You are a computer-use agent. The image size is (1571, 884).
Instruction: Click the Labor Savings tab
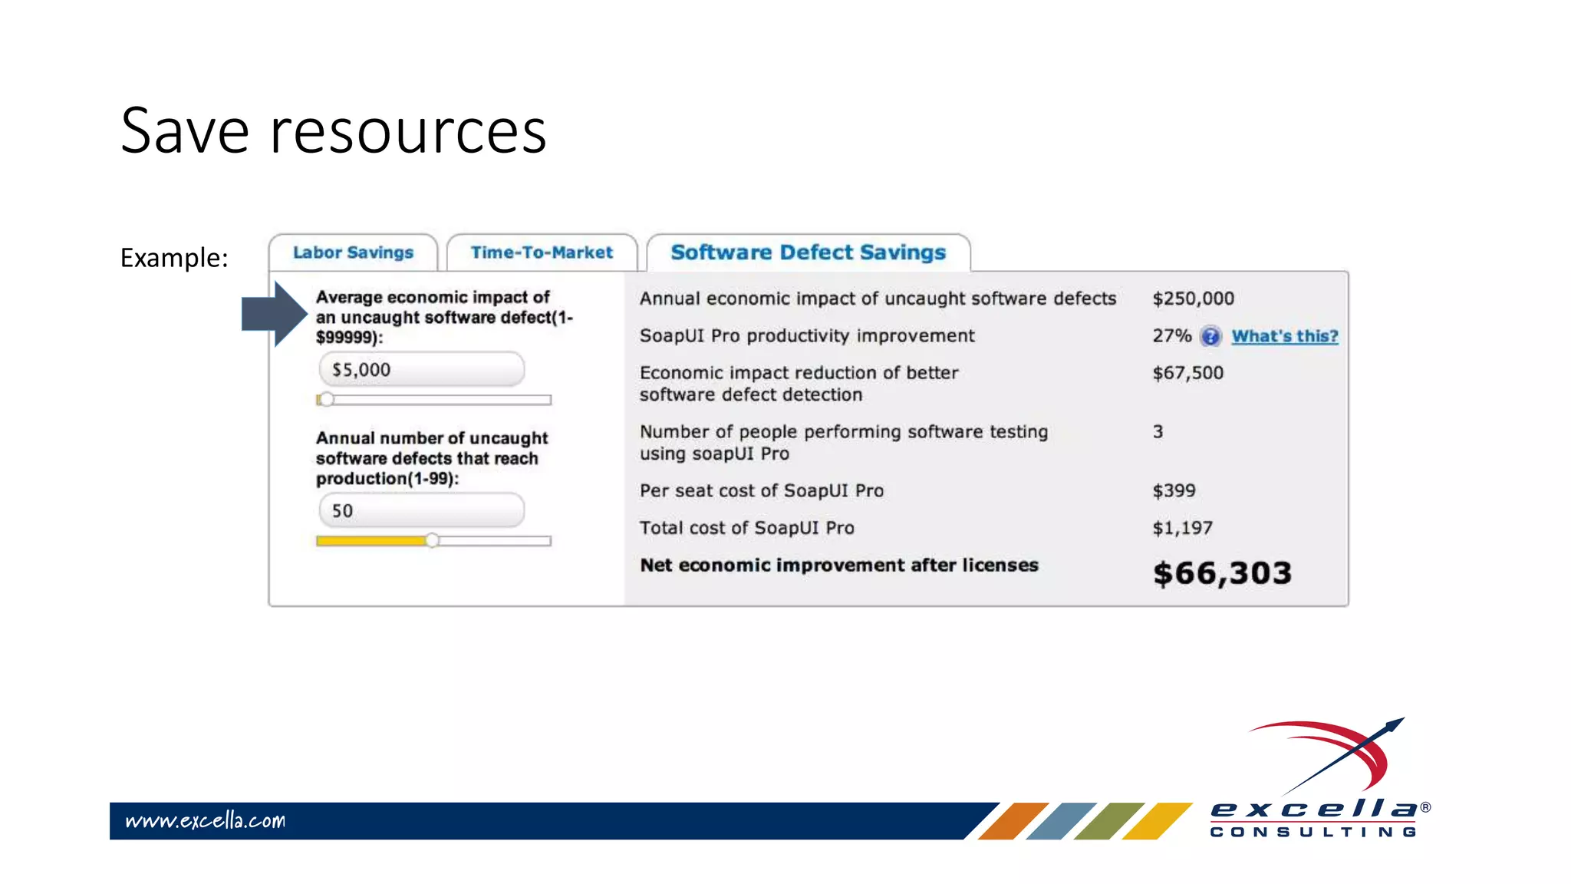pos(353,252)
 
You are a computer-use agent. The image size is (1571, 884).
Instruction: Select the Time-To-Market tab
pos(542,252)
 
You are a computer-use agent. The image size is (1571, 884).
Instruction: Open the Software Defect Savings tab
pos(808,252)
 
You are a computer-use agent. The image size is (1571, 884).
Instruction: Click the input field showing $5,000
pos(421,370)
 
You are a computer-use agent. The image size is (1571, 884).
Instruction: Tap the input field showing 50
pos(421,511)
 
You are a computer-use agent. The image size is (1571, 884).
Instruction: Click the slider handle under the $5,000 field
pos(327,399)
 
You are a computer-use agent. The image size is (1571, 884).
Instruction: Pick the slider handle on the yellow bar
pos(433,540)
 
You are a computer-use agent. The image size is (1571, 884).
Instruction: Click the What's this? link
pos(1285,336)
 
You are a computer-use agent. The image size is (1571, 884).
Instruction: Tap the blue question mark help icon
pos(1210,336)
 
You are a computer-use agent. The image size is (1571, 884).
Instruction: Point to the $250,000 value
pos(1193,299)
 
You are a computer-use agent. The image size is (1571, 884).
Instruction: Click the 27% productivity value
pos(1171,336)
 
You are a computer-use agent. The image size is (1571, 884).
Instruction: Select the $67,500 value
pos(1187,373)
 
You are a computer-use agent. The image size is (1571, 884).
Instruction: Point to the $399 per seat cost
pos(1174,490)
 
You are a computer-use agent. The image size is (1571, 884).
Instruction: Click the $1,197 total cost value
pos(1182,528)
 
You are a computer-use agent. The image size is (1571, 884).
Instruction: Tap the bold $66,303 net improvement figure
pos(1222,573)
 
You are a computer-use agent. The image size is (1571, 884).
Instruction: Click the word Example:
pos(174,258)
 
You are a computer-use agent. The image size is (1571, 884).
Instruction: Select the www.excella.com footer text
pos(205,821)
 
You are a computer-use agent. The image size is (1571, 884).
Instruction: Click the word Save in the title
pos(185,131)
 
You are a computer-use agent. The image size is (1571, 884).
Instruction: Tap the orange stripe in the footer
pos(1013,821)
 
